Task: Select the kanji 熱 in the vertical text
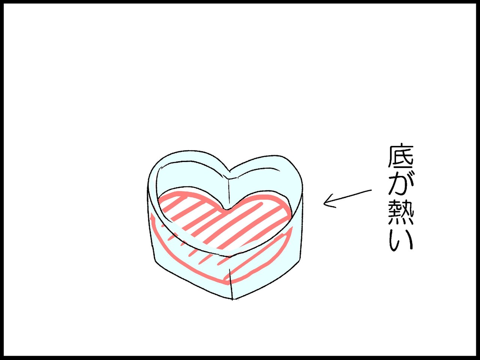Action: [x=400, y=212]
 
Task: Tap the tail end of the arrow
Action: [x=370, y=191]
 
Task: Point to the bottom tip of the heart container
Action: [x=232, y=299]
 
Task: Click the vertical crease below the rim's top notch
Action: [x=228, y=191]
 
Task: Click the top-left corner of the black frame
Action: [x=2, y=2]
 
